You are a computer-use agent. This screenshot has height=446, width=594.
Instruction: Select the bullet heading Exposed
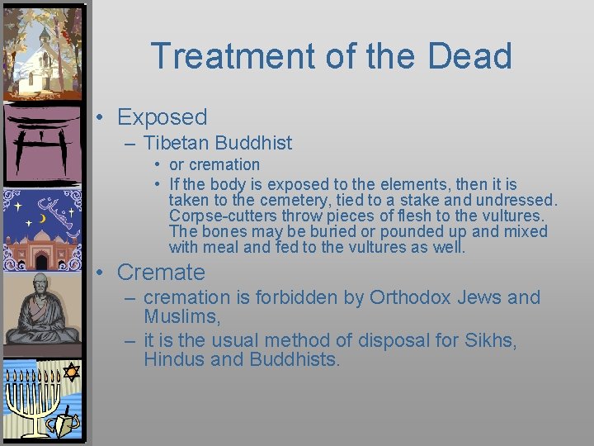click(x=162, y=117)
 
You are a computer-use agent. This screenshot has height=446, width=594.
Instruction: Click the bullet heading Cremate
click(x=161, y=272)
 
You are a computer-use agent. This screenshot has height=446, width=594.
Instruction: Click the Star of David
click(x=71, y=372)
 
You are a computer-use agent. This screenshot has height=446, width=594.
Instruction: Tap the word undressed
click(x=516, y=200)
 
